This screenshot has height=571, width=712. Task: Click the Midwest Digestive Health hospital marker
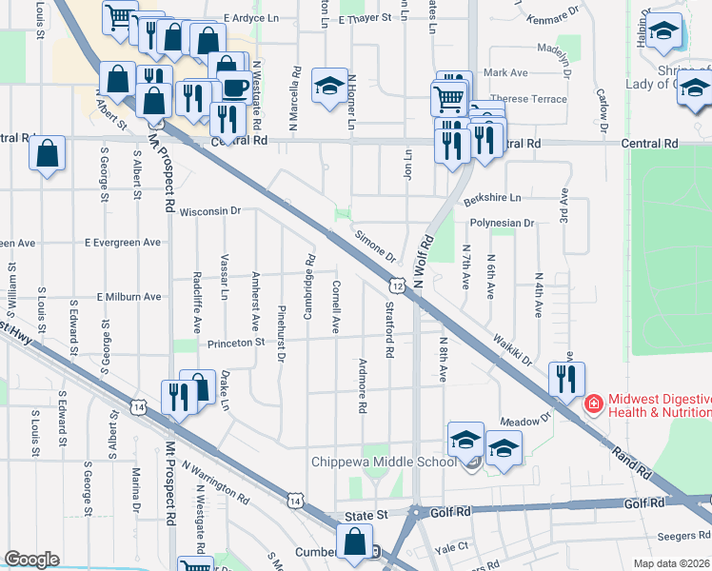(593, 404)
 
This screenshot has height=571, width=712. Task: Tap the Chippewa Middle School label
(385, 463)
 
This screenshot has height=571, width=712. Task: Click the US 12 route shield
(397, 284)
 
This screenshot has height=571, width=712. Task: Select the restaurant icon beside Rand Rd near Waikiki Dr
(567, 380)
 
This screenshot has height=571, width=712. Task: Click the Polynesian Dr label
(502, 223)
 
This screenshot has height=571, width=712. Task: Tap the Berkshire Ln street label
(493, 199)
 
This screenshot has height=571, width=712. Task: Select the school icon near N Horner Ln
(329, 88)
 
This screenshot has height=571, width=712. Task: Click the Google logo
(31, 559)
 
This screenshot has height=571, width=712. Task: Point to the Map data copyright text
(672, 563)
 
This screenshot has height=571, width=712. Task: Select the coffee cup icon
(235, 89)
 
